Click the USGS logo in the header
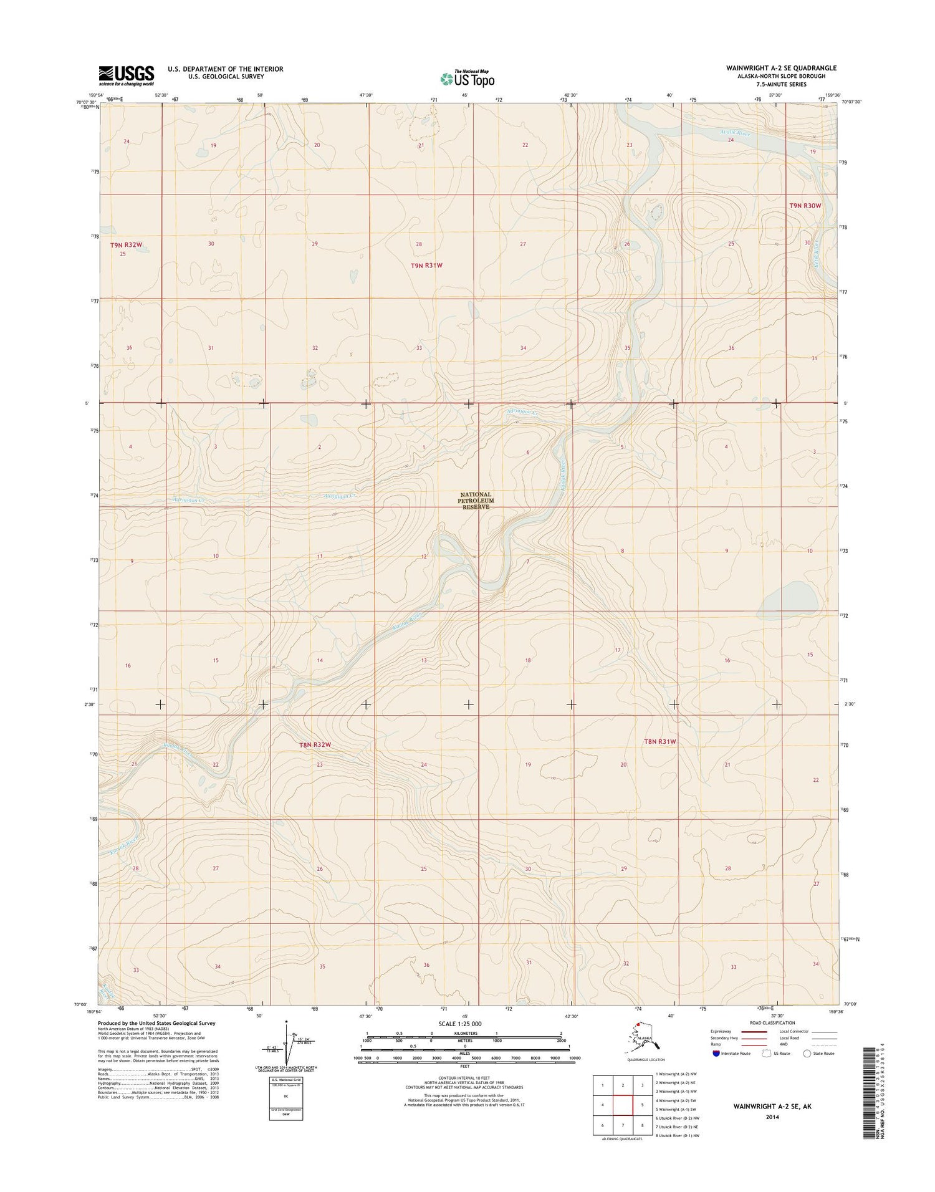click(126, 75)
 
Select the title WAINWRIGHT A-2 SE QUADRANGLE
click(781, 68)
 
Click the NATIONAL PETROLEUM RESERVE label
click(476, 501)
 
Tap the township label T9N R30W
click(805, 206)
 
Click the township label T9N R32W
click(130, 245)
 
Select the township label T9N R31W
click(426, 266)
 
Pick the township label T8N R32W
click(315, 744)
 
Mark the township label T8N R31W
click(659, 741)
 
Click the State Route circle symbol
click(808, 1054)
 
